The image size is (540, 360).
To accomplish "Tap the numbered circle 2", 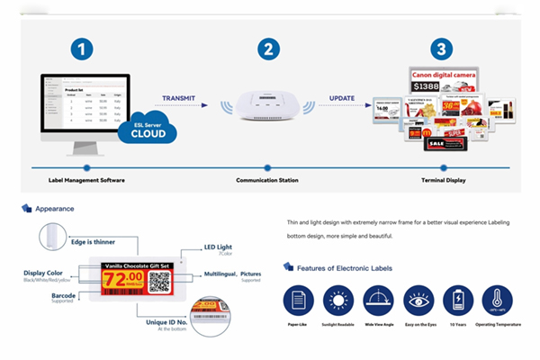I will (268, 49).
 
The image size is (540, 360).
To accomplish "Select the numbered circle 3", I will (441, 49).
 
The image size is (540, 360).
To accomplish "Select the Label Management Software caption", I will (86, 180).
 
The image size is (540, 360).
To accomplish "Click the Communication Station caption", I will (267, 180).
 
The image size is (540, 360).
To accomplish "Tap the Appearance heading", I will (55, 209).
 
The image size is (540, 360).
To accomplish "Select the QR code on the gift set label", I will (160, 281).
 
